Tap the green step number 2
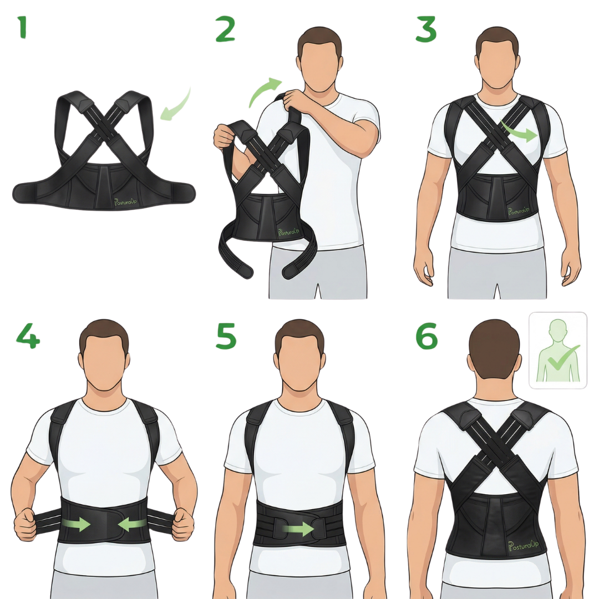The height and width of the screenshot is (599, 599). [225, 29]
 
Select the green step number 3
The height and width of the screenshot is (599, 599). [425, 29]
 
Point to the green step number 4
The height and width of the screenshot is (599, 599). [28, 336]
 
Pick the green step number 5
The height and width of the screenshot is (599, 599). [226, 336]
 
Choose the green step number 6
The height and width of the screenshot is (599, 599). [427, 336]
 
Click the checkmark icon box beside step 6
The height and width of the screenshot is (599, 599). [558, 351]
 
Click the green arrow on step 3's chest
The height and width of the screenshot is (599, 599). [520, 132]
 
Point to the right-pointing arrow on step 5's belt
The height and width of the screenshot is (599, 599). [298, 529]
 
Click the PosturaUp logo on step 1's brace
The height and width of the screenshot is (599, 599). [125, 201]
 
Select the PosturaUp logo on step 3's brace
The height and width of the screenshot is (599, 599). [519, 211]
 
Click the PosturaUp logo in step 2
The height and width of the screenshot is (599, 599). [288, 231]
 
